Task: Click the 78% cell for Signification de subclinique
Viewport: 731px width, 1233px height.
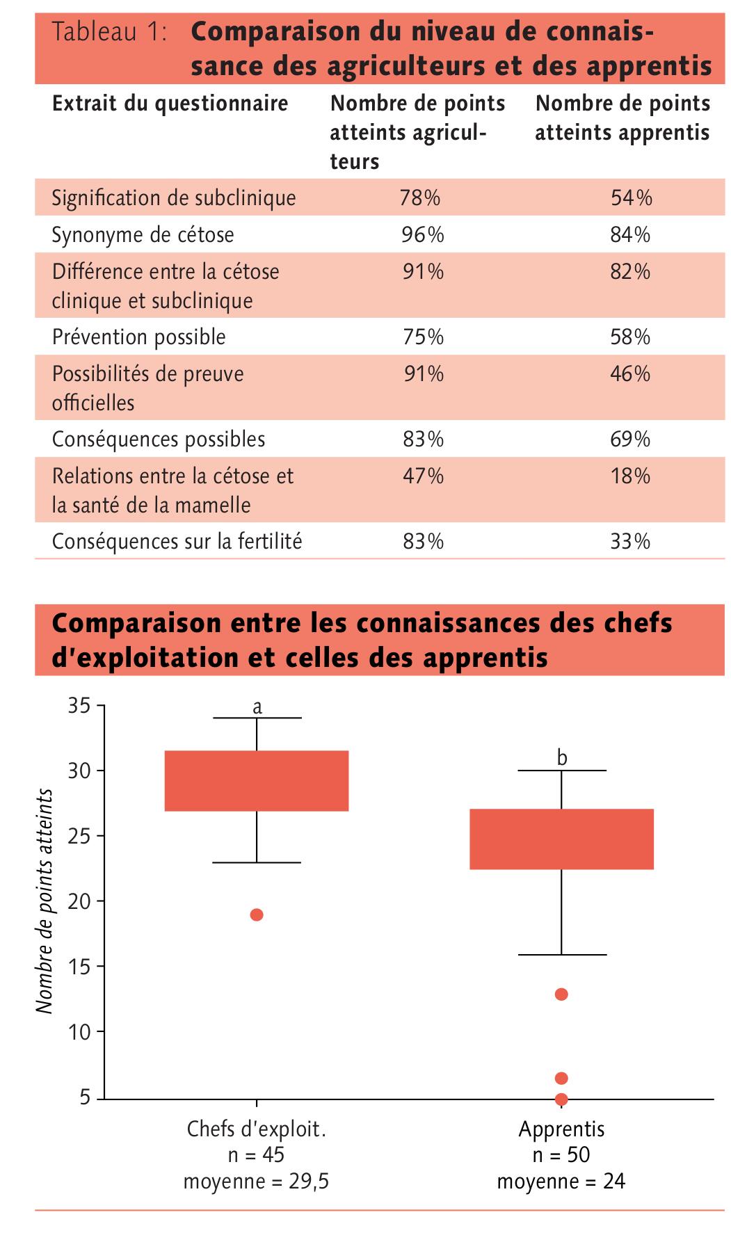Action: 420,198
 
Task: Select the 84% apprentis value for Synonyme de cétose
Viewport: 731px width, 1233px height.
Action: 630,235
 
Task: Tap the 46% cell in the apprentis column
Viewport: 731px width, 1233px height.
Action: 630,374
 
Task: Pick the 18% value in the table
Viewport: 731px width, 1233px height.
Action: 630,476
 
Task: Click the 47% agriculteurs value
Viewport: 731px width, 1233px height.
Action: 423,476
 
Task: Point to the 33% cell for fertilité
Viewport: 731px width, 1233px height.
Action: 630,542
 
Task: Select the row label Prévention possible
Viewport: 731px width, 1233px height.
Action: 139,337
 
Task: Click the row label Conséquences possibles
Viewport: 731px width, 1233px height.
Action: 159,440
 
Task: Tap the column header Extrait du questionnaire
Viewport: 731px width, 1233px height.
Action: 170,104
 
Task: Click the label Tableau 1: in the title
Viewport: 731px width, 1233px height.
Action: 109,33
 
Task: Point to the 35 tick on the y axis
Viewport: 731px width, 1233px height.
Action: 80,706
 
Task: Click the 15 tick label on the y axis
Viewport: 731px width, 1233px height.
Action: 80,967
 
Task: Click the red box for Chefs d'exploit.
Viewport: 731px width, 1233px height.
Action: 257,781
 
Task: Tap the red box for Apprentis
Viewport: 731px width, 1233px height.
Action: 561,839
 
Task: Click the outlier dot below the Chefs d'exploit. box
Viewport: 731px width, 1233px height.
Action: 257,914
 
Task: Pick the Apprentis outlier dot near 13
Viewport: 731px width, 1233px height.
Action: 561,994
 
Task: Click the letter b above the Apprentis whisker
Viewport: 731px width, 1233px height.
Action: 562,757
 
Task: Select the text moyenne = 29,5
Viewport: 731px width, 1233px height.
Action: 256,1182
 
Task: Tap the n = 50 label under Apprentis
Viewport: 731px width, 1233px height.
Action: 561,1154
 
